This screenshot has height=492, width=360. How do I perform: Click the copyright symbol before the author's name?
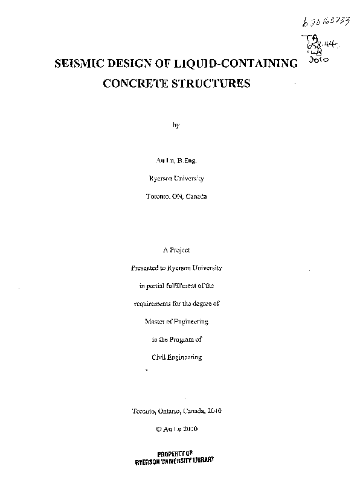click(x=158, y=429)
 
